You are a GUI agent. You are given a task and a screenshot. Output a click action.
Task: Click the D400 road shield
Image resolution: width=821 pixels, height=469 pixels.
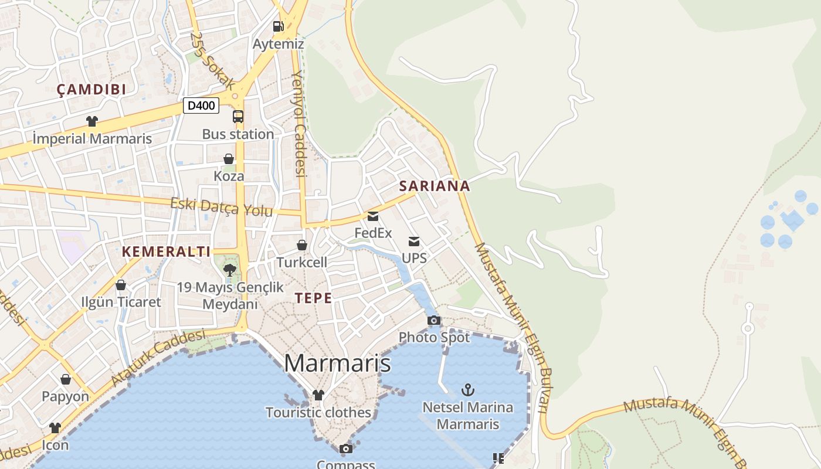[201, 106]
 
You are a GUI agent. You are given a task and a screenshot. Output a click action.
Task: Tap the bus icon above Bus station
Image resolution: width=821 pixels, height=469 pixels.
[238, 117]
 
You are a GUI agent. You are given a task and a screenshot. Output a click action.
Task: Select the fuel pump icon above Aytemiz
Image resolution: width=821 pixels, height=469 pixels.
[278, 26]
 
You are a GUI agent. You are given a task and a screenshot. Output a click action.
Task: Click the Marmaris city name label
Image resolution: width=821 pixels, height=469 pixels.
[337, 363]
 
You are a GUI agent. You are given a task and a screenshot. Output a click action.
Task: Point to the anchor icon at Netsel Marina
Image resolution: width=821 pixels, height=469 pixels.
[467, 389]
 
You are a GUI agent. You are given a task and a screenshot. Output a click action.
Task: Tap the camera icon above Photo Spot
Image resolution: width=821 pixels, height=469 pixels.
[434, 320]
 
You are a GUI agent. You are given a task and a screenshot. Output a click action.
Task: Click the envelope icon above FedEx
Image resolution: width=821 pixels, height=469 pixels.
[373, 216]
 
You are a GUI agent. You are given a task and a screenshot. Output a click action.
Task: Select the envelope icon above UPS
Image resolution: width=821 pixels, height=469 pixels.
[414, 242]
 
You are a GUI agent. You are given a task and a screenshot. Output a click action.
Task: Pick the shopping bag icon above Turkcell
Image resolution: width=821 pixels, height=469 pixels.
[302, 245]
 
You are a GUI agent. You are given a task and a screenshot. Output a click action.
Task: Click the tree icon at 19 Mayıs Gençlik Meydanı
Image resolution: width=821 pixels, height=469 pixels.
[230, 270]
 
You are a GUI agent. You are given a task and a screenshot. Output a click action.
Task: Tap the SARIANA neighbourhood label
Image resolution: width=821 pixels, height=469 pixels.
[435, 186]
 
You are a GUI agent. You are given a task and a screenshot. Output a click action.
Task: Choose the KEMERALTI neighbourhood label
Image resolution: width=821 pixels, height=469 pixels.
[166, 252]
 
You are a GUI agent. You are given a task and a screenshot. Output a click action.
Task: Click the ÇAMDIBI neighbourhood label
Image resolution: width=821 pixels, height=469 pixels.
[91, 90]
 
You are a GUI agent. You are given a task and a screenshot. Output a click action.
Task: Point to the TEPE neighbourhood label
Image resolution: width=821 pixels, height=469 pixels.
[314, 298]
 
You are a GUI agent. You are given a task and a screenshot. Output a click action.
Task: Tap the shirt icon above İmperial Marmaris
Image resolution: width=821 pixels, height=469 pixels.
[92, 121]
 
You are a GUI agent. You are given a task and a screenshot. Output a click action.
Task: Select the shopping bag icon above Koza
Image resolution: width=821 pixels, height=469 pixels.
[229, 159]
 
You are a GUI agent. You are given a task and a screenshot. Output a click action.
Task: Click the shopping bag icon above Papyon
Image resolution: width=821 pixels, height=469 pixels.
[66, 379]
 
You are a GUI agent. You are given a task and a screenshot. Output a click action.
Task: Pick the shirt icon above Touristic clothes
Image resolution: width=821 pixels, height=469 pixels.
[318, 395]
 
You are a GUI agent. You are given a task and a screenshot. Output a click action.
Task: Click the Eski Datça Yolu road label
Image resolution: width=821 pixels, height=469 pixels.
[222, 207]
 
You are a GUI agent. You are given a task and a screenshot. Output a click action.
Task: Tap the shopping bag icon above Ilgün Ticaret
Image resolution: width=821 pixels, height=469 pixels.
[121, 286]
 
